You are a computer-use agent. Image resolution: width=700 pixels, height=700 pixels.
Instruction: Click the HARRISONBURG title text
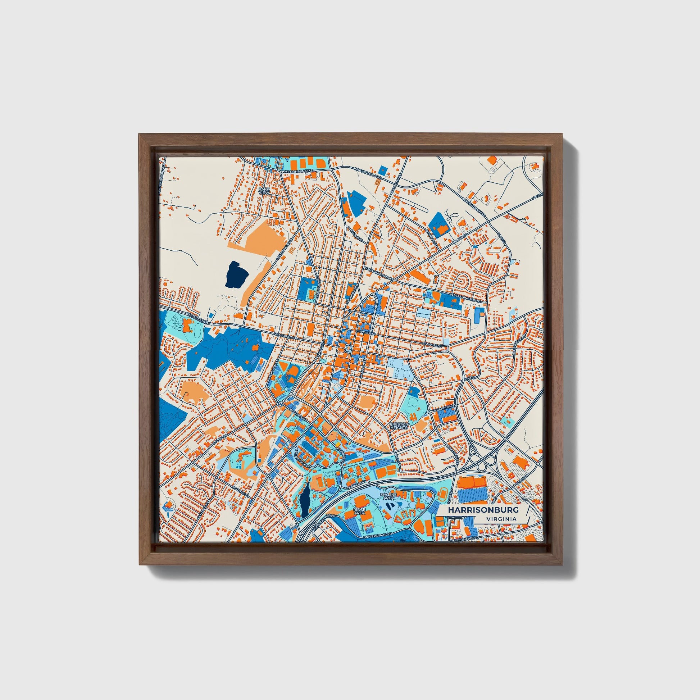tap(483, 510)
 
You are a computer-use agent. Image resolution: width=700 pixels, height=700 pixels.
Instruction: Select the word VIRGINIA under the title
tap(502, 519)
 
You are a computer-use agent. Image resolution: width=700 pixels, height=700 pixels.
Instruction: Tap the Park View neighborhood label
tap(264, 190)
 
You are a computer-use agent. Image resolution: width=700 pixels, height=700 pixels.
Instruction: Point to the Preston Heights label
tap(399, 426)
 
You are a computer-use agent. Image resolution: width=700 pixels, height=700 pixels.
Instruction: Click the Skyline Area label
tap(388, 496)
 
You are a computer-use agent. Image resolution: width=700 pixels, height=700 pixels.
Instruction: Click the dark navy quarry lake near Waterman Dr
tap(237, 274)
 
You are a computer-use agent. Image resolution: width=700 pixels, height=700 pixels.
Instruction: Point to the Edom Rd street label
tap(356, 237)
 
